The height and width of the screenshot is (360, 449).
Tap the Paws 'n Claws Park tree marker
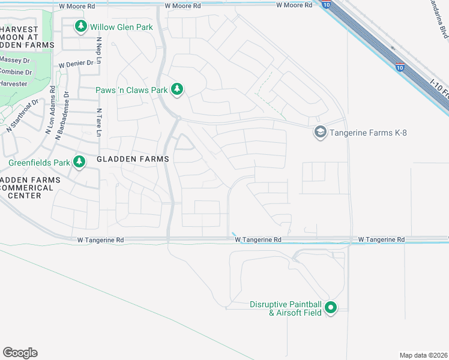pyautogui.click(x=176, y=90)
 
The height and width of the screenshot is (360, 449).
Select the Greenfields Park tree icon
pyautogui.click(x=79, y=161)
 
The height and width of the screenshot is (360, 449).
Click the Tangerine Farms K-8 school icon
pyautogui.click(x=320, y=132)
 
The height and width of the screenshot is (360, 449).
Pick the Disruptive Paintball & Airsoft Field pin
pyautogui.click(x=330, y=308)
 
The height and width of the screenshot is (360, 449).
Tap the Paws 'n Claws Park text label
pyautogui.click(x=131, y=91)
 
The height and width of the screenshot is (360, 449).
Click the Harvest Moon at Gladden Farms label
pyautogui.click(x=25, y=37)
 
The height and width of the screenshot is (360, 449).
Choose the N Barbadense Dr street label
pyautogui.click(x=63, y=116)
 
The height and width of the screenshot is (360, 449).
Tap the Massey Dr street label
pyautogui.click(x=15, y=61)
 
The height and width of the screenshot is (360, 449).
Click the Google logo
pyautogui.click(x=20, y=352)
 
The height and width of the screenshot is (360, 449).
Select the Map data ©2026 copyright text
pyautogui.click(x=423, y=355)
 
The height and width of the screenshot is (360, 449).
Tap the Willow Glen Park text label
pyautogui.click(x=121, y=27)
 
